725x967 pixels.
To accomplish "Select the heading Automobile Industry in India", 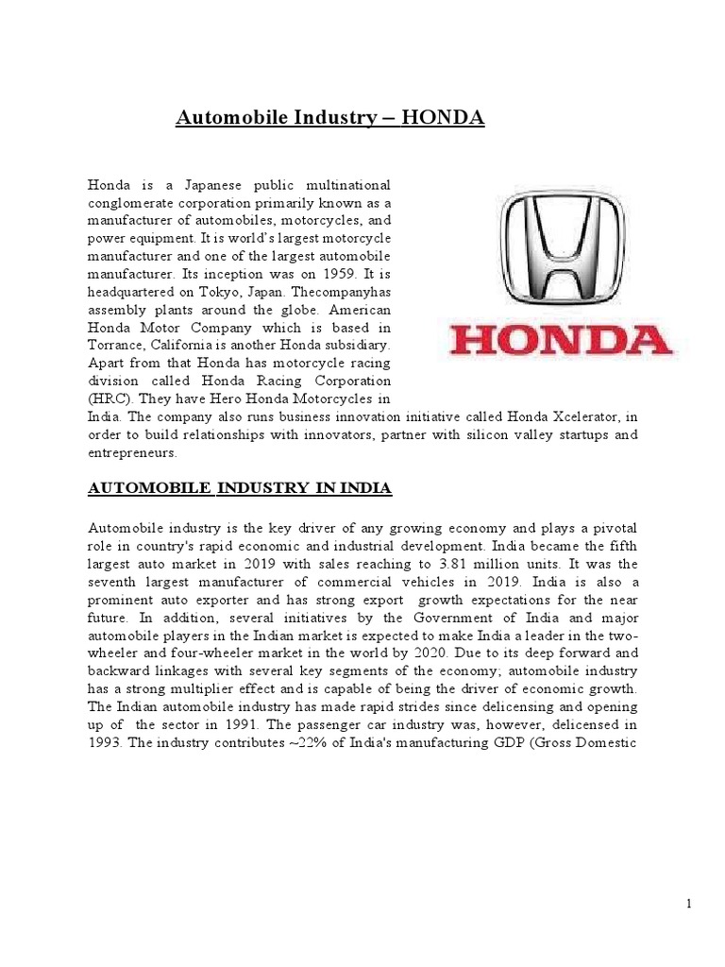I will [240, 488].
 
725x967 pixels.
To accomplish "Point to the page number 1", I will [689, 904].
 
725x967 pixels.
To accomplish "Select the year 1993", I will [106, 743].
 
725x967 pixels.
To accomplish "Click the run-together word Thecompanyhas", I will [341, 292].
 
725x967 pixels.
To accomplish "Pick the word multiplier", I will [205, 689].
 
